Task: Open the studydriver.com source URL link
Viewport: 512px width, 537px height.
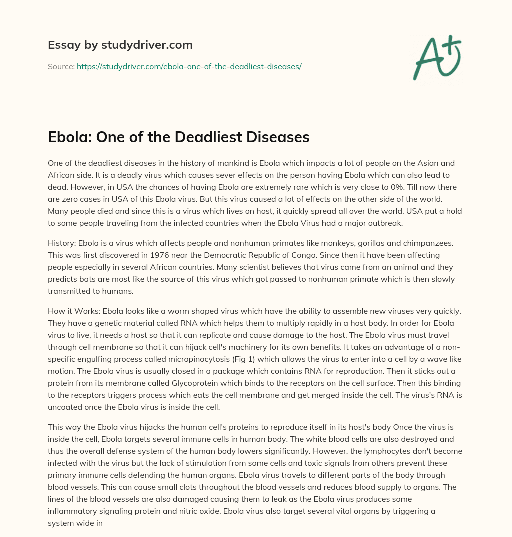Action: (x=189, y=66)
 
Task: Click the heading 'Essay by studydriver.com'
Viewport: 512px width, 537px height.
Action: (x=120, y=45)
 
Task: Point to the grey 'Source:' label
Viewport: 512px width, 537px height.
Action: (x=61, y=66)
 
